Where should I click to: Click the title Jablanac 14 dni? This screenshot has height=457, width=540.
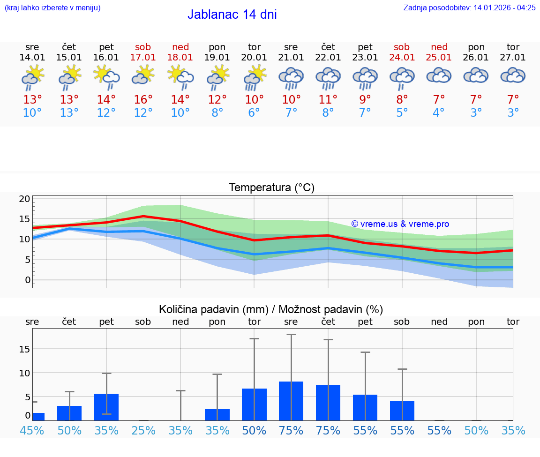click(232, 15)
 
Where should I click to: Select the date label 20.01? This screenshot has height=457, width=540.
click(254, 58)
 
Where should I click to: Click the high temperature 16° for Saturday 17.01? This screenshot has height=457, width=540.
click(143, 100)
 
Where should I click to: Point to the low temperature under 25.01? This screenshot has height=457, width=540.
click(439, 113)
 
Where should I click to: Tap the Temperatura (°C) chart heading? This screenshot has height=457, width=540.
click(271, 188)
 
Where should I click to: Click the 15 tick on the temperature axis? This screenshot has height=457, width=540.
click(24, 219)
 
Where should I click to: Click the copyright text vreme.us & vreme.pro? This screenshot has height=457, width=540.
click(400, 224)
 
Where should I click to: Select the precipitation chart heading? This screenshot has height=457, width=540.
click(271, 309)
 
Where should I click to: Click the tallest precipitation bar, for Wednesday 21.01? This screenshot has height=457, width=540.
click(291, 401)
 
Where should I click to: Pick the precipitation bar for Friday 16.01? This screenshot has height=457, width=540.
click(106, 407)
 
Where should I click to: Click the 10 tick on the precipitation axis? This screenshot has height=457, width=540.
click(24, 373)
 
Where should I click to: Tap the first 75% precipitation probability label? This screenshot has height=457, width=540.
click(291, 431)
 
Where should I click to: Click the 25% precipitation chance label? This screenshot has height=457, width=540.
click(143, 431)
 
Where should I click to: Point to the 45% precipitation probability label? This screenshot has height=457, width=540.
click(32, 431)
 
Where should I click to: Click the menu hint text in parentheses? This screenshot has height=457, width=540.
click(52, 7)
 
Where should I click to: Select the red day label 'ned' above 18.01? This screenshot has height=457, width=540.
click(180, 47)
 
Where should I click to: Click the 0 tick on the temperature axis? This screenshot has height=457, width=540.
click(27, 280)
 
